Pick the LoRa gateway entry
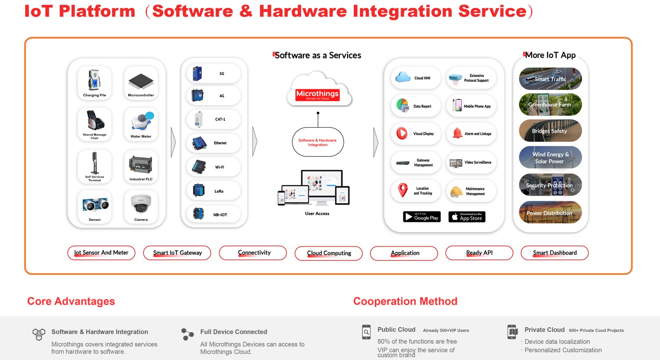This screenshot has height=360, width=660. click(213, 191)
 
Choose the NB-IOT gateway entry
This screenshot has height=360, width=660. click(213, 214)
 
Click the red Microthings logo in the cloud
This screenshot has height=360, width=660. click(317, 95)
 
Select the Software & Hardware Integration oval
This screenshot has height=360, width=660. click(318, 142)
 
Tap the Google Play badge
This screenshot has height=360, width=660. click(422, 217)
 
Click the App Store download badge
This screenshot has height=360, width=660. click(467, 217)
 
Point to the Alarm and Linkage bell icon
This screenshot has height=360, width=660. click(457, 133)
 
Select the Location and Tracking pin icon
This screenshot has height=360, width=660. click(403, 190)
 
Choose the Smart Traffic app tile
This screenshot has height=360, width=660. click(550, 79)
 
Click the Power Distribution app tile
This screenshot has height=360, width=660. click(550, 213)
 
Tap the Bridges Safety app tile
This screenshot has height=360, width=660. click(550, 131)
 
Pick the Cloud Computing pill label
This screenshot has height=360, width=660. click(328, 253)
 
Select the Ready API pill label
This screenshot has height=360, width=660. click(479, 253)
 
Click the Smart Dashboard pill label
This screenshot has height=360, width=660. click(555, 253)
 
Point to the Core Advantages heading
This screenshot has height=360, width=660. click(71, 301)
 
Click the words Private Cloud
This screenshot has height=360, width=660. click(544, 330)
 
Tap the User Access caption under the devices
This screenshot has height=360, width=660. click(317, 214)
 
